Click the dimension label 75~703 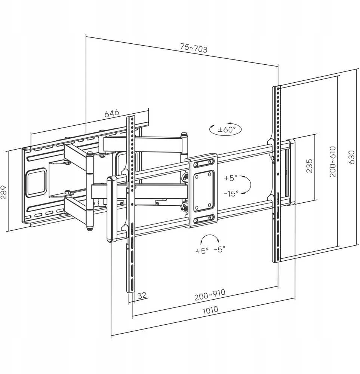pyautogui.click(x=194, y=48)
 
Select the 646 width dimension pyautogui.click(x=112, y=113)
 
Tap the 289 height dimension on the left pyautogui.click(x=3, y=192)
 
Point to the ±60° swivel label pyautogui.click(x=227, y=130)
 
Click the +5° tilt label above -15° pyautogui.click(x=231, y=178)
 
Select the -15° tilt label pyautogui.click(x=231, y=193)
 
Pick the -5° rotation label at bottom pyautogui.click(x=219, y=249)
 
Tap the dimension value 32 pyautogui.click(x=142, y=295)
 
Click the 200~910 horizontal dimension pyautogui.click(x=210, y=295)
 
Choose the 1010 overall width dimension pyautogui.click(x=210, y=310)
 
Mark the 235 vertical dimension pyautogui.click(x=309, y=166)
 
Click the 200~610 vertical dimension pyautogui.click(x=333, y=162)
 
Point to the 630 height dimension pyautogui.click(x=351, y=157)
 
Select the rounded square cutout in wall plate pyautogui.click(x=37, y=183)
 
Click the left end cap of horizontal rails pyautogui.click(x=111, y=209)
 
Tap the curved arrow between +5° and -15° pyautogui.click(x=249, y=184)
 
